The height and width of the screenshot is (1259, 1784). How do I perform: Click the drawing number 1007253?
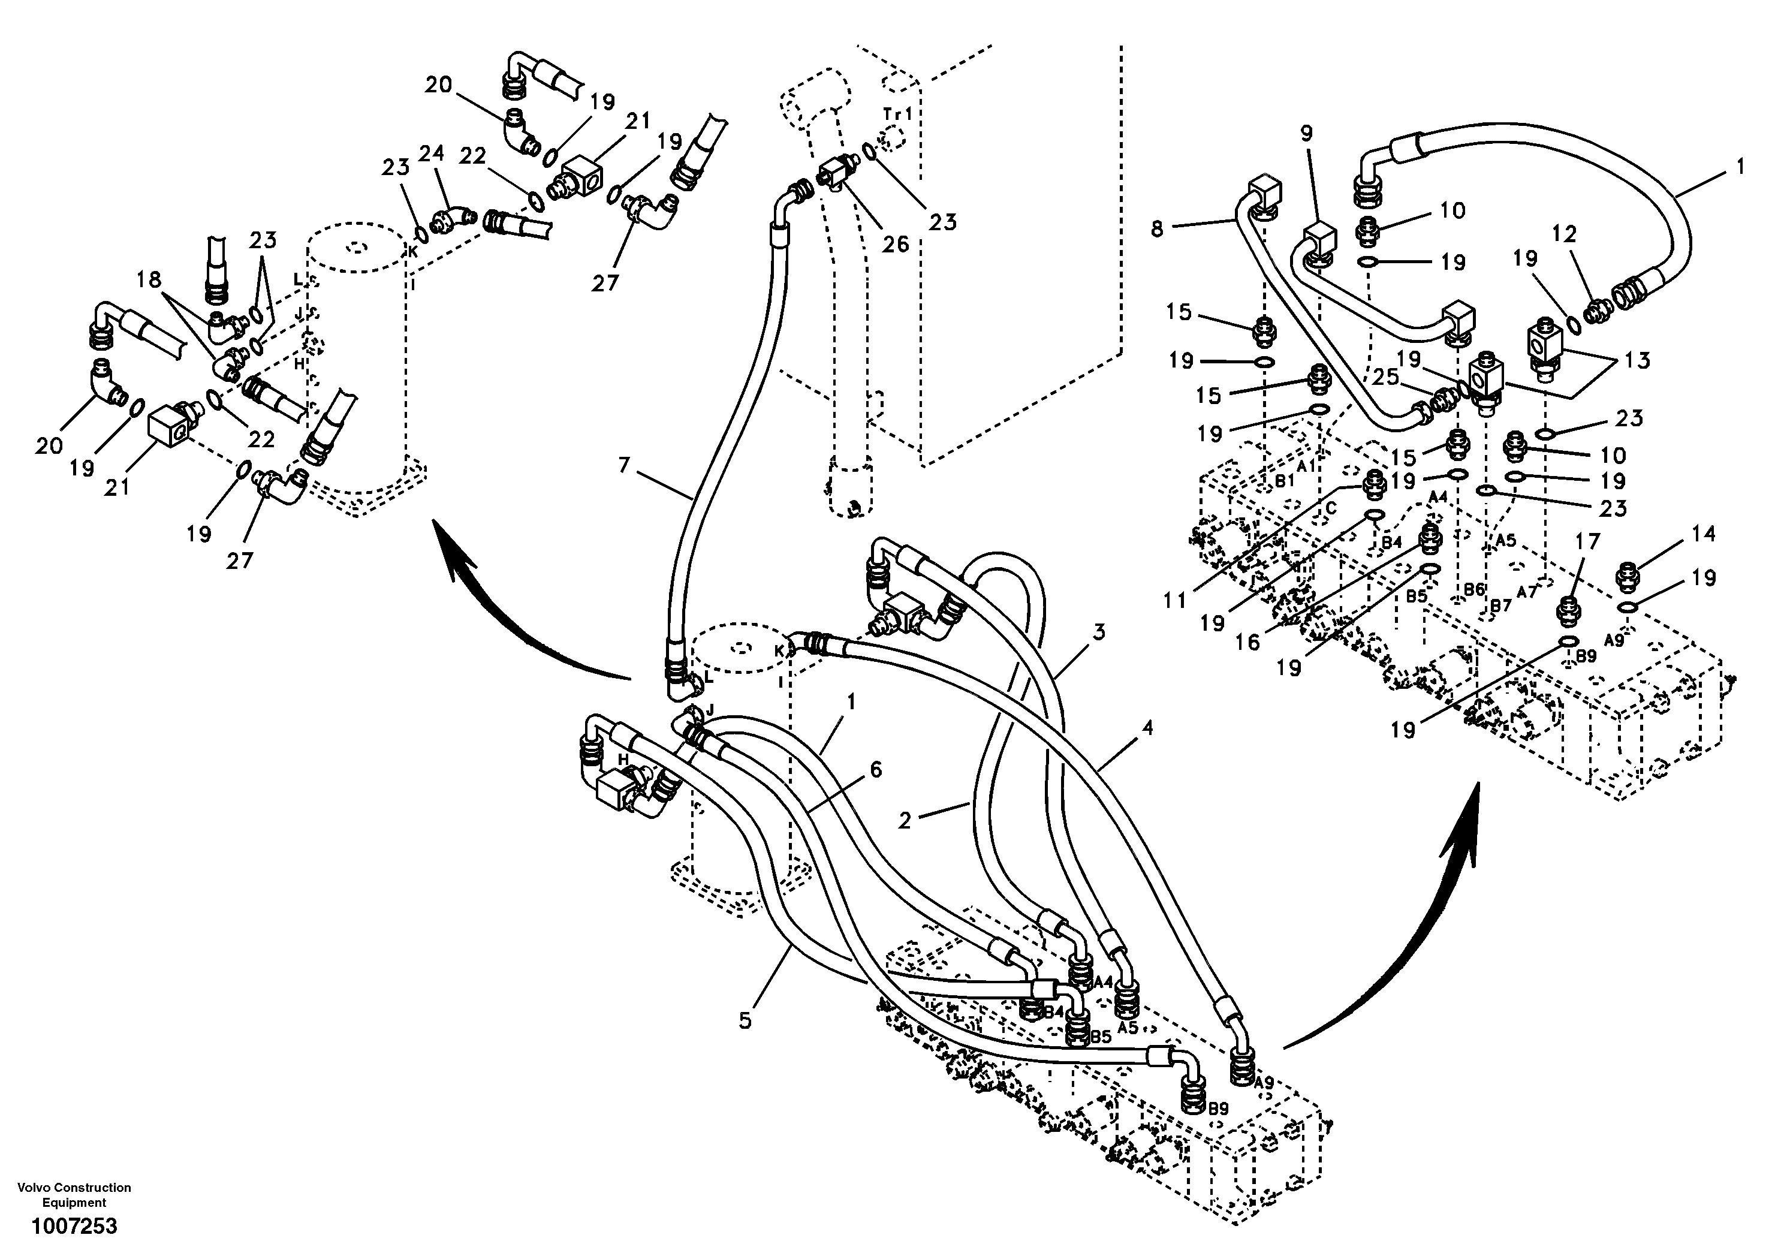coord(74,1227)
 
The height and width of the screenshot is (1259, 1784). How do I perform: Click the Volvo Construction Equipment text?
coord(74,1194)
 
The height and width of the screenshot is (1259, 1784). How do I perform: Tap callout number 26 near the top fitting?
coord(895,244)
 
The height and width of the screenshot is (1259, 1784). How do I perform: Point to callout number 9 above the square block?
coord(1306,134)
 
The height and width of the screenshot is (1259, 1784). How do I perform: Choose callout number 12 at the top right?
coord(1564,234)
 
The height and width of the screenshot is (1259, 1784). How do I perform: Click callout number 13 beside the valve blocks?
coord(1637,360)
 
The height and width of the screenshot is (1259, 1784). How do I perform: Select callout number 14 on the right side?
coord(1703,534)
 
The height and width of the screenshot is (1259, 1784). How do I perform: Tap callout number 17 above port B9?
coord(1588,542)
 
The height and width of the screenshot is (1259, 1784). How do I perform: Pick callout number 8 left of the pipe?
coord(1157,230)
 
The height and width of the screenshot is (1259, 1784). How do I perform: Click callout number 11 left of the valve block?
coord(1175,600)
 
